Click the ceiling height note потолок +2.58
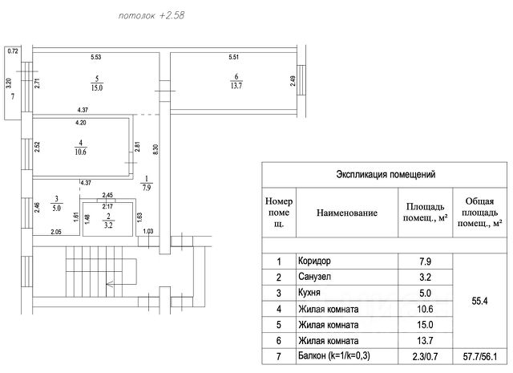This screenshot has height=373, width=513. [x=151, y=15]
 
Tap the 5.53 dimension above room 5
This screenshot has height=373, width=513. [x=95, y=56]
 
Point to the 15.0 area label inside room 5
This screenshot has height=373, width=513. [x=96, y=84]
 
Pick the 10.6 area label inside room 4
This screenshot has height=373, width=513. [x=79, y=150]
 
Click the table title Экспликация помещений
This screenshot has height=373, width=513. [x=385, y=173]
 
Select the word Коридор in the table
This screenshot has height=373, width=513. [x=313, y=262]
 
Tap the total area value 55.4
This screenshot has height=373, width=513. [x=479, y=302]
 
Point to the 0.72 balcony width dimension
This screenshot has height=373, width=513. [x=13, y=51]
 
